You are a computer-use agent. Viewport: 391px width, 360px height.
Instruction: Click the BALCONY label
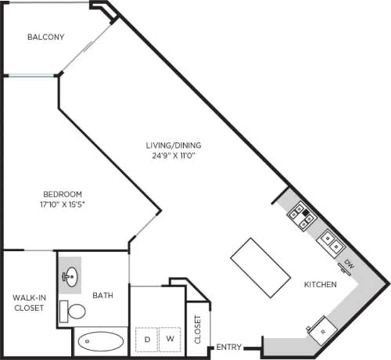(45, 37)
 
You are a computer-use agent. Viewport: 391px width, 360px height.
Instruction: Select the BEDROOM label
(63, 194)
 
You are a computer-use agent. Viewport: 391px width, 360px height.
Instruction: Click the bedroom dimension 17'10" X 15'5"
(63, 205)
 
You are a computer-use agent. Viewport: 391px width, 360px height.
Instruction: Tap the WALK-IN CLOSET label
(27, 302)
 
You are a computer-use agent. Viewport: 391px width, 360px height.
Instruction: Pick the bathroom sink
(70, 275)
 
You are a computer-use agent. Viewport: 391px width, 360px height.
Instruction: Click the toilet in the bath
(75, 311)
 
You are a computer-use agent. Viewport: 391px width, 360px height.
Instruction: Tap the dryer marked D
(145, 338)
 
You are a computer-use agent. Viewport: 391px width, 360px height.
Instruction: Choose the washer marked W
(170, 338)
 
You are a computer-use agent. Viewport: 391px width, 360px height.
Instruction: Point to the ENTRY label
(228, 347)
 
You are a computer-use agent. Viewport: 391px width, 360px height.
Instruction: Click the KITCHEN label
(321, 286)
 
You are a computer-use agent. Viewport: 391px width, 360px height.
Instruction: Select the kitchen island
(261, 266)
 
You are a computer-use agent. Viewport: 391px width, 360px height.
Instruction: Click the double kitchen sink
(328, 239)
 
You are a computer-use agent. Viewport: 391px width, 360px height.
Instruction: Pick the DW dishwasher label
(349, 266)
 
